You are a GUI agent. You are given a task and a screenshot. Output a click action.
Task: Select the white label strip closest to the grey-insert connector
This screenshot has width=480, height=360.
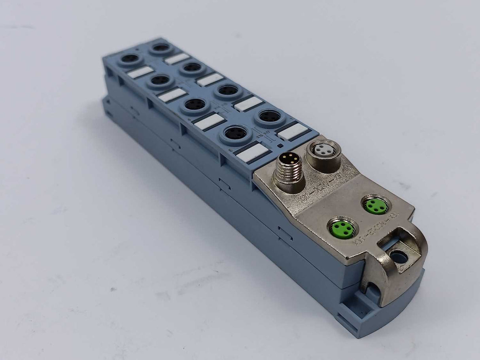pos(292,131)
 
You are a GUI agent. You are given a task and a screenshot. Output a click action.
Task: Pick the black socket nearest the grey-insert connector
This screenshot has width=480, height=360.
pos(270,116)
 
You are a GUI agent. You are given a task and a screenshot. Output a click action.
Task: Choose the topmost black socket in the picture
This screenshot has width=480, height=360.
pos(161,48)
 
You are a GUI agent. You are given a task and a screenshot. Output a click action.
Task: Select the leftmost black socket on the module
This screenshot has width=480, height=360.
pos(130,59)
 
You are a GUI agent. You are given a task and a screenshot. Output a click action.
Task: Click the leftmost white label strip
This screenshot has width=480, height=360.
pos(140,72)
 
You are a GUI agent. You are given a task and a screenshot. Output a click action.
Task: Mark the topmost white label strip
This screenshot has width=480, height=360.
pos(176,58)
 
